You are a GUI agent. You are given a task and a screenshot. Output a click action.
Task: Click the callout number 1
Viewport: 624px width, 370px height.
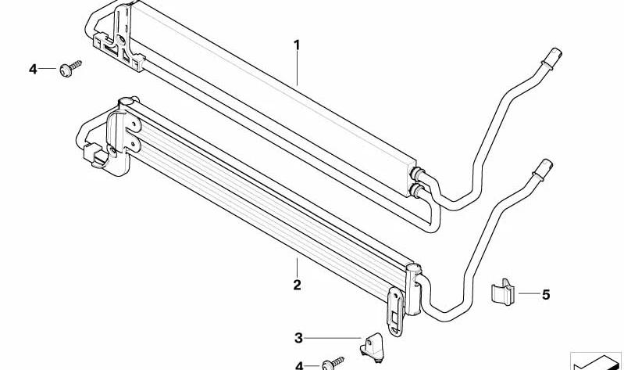tap(297, 45)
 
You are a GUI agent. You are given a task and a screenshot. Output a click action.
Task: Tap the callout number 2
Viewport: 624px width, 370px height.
tap(297, 285)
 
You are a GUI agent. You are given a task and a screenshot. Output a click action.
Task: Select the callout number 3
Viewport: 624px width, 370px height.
tap(298, 338)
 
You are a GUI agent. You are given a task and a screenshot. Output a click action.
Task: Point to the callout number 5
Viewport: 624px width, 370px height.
tap(546, 295)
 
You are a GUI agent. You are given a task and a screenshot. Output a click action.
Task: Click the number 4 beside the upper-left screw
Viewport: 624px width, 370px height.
tap(33, 70)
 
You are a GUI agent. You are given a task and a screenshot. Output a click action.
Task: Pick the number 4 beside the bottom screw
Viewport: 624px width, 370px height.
tap(299, 365)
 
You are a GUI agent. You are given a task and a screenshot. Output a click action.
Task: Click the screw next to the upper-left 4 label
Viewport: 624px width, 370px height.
tap(70, 68)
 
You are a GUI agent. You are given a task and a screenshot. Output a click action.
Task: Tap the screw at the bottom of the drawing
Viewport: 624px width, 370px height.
tap(333, 363)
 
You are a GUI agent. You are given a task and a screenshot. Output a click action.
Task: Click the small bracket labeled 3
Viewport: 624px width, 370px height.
tap(373, 347)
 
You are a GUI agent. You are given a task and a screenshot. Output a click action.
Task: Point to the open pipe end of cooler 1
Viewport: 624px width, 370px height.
tap(554, 58)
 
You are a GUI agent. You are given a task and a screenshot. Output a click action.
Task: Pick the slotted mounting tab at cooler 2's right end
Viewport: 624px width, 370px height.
tap(396, 311)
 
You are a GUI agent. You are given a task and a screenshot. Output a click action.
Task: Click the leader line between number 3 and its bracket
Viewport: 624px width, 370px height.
tap(333, 338)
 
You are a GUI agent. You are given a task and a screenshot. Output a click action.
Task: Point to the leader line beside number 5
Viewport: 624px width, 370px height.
tap(529, 294)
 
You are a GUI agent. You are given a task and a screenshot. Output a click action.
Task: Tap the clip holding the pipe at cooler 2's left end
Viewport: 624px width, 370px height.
tap(97, 155)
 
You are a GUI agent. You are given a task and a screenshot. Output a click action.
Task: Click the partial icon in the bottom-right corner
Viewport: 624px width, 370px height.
tap(596, 361)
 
